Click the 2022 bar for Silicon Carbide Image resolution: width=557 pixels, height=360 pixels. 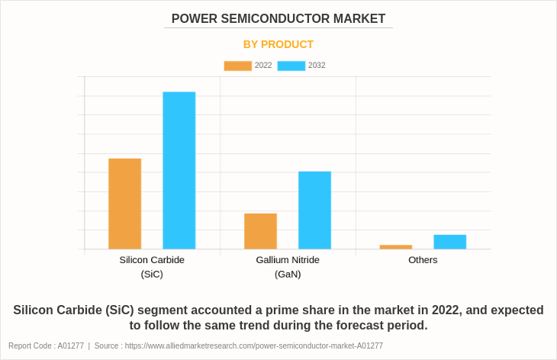click(124, 204)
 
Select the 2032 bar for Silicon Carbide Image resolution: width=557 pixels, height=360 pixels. click(179, 170)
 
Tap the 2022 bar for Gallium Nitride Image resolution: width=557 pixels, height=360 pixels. click(260, 231)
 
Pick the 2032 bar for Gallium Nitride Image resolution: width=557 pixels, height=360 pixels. click(314, 210)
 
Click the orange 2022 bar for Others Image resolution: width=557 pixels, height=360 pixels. click(395, 247)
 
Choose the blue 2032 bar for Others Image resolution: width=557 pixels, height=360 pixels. click(449, 242)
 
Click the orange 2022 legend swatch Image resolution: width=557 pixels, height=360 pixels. click(237, 66)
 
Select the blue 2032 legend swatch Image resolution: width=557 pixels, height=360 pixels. click(291, 66)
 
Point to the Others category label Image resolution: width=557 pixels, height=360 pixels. click(423, 260)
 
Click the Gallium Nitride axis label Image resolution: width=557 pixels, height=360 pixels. click(288, 260)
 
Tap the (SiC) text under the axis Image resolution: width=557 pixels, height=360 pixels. click(152, 274)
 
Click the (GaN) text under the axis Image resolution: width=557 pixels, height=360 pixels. click(288, 274)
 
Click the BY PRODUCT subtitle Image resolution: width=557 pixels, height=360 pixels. click(278, 44)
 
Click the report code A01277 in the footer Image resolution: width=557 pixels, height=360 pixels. click(70, 346)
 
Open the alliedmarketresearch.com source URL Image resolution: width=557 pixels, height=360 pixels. click(253, 346)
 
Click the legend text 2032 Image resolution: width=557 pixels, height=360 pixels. click(317, 66)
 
